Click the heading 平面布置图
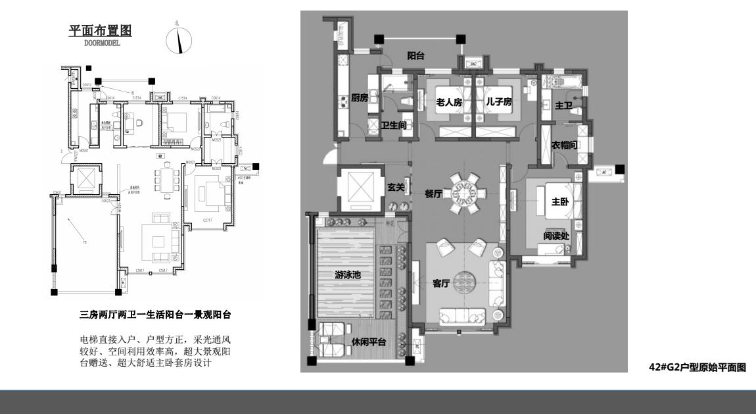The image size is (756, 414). click(101, 31)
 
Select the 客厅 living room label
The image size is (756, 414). click(440, 284)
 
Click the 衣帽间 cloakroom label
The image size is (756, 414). click(565, 145)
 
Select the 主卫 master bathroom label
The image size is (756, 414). click(563, 104)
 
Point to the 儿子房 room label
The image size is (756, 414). click(498, 103)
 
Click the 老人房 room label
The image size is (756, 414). click(450, 103)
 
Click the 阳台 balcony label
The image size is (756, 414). click(415, 56)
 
